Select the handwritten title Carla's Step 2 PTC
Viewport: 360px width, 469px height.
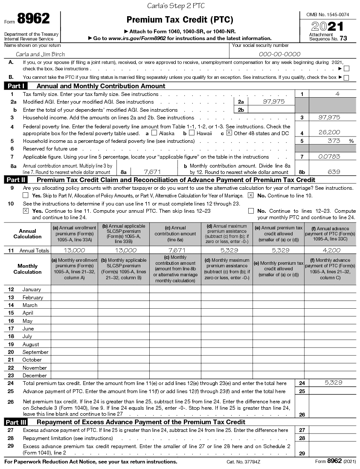coord(176,6)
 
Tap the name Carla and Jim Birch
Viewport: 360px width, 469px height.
coord(40,54)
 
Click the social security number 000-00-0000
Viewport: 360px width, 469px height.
coord(279,54)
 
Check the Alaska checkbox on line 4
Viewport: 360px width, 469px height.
coord(154,133)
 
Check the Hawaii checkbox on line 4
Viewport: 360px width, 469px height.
coord(191,133)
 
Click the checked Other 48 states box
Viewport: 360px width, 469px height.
coord(229,133)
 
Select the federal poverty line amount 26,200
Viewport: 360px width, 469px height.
coord(329,133)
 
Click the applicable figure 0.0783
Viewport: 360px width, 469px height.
coord(329,156)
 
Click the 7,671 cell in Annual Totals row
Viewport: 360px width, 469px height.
coord(176,250)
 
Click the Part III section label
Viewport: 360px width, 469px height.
coord(17,422)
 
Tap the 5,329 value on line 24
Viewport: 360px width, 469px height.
coord(333,383)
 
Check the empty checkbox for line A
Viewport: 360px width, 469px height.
coord(346,69)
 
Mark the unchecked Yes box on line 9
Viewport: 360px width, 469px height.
coord(26,195)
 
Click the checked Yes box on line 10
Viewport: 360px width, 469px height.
coord(26,211)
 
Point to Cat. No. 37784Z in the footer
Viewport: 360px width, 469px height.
coord(243,462)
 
